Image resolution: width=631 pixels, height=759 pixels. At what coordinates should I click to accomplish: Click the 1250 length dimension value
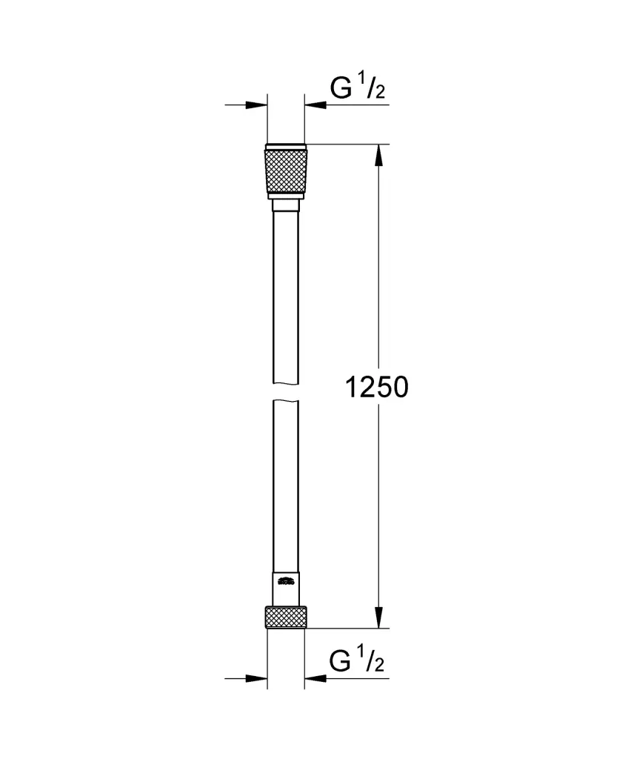(x=377, y=386)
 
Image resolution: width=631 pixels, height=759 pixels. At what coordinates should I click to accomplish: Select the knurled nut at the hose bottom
(x=285, y=617)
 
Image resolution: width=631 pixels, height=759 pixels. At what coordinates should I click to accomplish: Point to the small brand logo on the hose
(x=285, y=583)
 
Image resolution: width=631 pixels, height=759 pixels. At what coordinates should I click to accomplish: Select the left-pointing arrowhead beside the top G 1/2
(x=314, y=105)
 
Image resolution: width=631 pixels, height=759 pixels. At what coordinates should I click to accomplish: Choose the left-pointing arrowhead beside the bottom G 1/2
(x=314, y=677)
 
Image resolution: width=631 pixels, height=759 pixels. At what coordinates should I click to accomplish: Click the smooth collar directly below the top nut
(x=285, y=204)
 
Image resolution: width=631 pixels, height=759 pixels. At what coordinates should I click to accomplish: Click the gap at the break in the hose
(x=285, y=392)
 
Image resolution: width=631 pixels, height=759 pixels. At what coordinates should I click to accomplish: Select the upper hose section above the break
(x=285, y=296)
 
